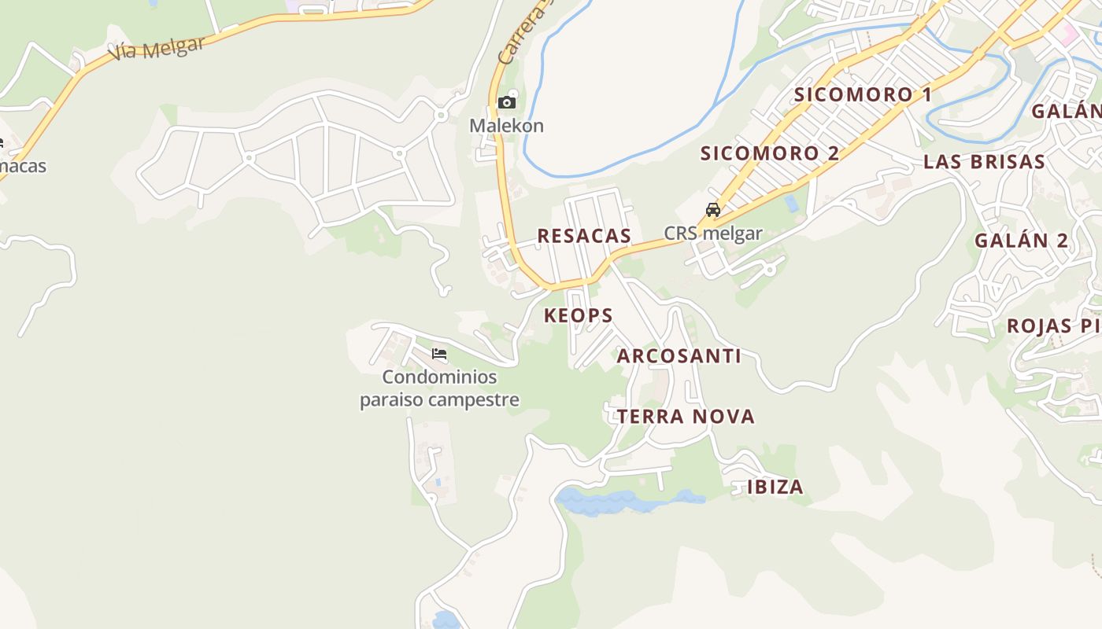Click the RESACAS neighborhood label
point(584,236)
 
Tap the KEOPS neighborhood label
point(579,316)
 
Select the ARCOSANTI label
point(679,356)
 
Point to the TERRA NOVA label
point(686,417)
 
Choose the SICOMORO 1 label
point(863,95)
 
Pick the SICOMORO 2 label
point(770,153)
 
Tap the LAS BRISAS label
point(984,163)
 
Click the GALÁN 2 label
point(1022,241)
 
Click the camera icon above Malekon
point(507,102)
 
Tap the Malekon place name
point(506,126)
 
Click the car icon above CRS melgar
point(713,210)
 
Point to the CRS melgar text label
point(713,234)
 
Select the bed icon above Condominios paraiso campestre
point(439,355)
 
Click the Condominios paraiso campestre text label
point(439,388)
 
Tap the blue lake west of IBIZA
point(622,501)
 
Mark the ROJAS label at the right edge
point(1039,326)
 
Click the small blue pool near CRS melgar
point(791,203)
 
